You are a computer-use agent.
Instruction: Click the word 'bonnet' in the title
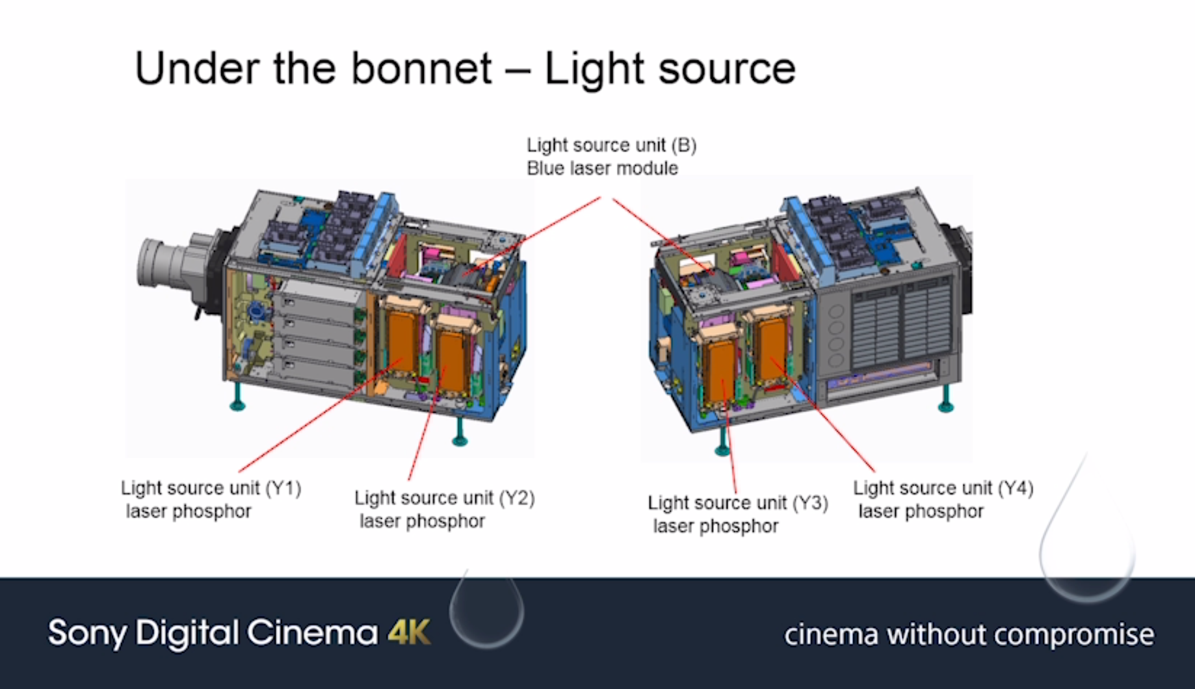tap(421, 68)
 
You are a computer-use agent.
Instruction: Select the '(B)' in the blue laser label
tap(683, 145)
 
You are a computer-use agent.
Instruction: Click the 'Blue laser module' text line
tap(602, 168)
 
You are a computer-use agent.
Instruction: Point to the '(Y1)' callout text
tap(283, 487)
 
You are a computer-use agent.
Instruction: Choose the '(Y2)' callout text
tap(517, 498)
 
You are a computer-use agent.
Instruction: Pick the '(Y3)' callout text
tap(810, 503)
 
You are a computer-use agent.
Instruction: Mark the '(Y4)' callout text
tap(1016, 487)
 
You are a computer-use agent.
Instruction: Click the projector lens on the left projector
tap(163, 263)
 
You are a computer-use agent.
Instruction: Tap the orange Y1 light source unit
tap(403, 341)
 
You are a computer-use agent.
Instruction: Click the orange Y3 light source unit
tap(722, 370)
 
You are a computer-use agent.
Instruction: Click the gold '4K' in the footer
tap(409, 632)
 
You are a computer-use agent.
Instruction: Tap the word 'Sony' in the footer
tap(87, 633)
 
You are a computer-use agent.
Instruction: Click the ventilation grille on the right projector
tap(904, 325)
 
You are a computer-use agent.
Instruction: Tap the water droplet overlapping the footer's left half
tap(486, 611)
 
